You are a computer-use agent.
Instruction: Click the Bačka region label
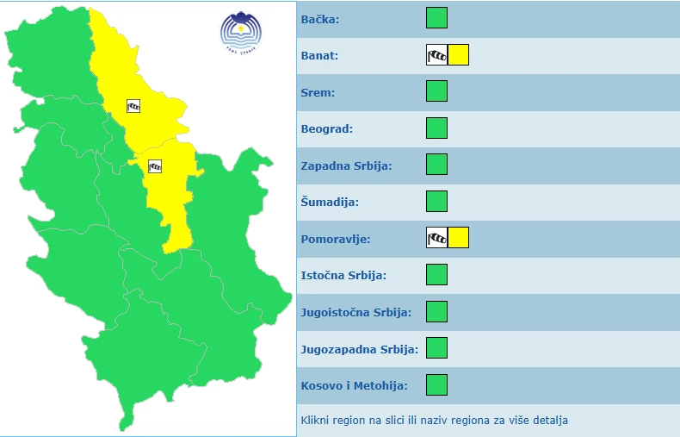pos(320,19)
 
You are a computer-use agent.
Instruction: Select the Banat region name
pos(319,56)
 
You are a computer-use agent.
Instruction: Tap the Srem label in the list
pos(318,92)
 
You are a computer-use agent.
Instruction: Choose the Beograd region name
pos(326,129)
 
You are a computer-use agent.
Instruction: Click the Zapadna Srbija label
pos(346,165)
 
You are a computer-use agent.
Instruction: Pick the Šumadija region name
pos(330,203)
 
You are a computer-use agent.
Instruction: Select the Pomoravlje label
pos(336,239)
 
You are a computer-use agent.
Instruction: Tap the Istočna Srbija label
pos(343,276)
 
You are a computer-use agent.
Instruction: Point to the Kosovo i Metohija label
pos(354,385)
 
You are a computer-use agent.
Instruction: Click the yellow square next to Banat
pos(458,55)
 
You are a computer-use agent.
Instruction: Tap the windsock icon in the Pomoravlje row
pos(437,238)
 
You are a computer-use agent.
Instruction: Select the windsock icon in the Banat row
pos(437,55)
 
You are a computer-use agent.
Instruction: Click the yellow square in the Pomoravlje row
pos(458,238)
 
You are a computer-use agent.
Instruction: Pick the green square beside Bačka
pos(437,18)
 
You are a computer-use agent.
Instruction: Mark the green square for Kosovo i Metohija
pos(437,384)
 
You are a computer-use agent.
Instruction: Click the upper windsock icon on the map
pos(133,106)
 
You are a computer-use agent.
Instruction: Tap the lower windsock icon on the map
pos(155,166)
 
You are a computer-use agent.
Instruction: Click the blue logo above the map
pos(238,31)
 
